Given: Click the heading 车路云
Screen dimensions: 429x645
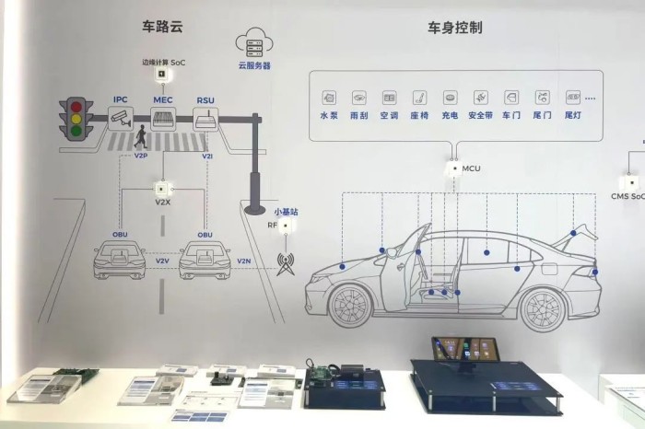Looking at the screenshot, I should [x=163, y=27].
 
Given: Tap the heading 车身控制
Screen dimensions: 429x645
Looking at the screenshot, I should [x=454, y=28].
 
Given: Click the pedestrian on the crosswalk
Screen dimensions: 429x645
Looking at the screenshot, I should [x=140, y=138].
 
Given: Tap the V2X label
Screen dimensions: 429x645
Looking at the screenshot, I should [x=163, y=200].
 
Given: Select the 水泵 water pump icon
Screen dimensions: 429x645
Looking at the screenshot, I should [x=329, y=97].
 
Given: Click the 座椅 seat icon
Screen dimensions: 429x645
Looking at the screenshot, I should [x=419, y=97].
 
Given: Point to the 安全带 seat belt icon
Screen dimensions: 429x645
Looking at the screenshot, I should [x=479, y=97].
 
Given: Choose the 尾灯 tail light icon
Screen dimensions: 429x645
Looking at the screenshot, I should [x=572, y=97].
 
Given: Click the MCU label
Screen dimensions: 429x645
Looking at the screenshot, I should [x=471, y=168].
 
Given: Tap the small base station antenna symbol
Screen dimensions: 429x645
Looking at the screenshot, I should [x=286, y=263].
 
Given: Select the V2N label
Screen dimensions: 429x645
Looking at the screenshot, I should [x=244, y=261].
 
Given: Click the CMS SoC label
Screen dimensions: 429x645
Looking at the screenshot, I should [x=627, y=195].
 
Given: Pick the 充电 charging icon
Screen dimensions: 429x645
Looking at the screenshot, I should [x=450, y=97].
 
